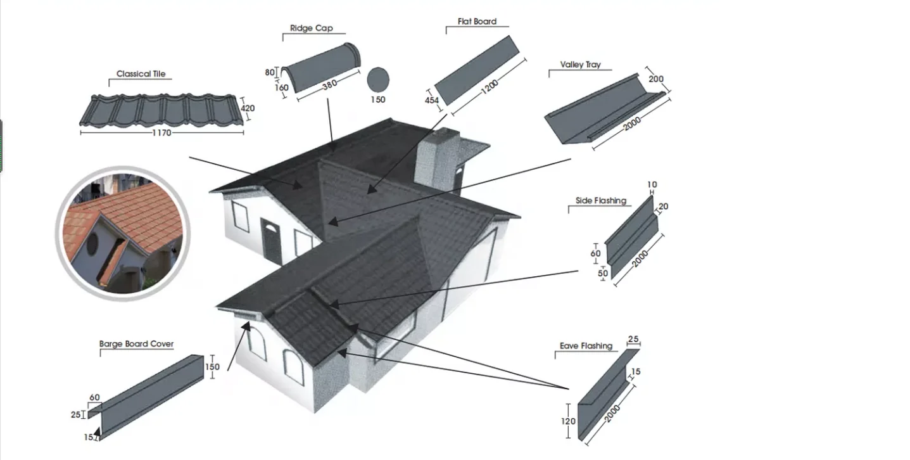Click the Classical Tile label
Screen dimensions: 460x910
141,74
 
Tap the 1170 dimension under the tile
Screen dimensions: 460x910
161,133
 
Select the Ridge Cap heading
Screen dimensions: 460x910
311,29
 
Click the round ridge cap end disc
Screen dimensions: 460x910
378,79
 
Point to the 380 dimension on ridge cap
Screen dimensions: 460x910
329,85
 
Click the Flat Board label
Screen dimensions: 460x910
477,22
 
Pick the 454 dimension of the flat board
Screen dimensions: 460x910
432,100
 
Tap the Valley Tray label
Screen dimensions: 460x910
580,65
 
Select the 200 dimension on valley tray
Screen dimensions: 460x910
656,79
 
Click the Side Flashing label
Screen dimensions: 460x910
600,201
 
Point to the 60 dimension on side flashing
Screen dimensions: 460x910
595,253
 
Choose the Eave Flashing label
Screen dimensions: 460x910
586,346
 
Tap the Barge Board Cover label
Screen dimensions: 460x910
136,344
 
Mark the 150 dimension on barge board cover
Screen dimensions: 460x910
212,367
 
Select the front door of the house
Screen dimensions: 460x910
272,241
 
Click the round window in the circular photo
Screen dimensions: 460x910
93,242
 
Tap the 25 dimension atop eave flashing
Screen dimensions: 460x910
633,340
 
